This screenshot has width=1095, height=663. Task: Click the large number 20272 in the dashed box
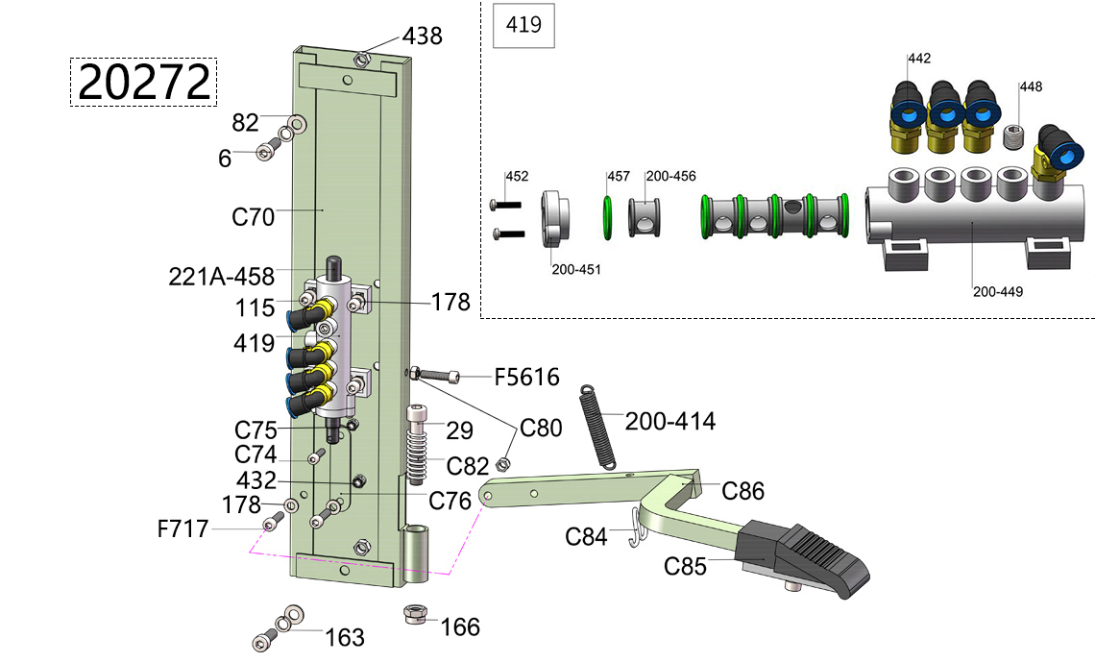144,83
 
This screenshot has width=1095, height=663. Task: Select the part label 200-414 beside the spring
669,421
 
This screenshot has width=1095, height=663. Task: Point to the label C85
685,566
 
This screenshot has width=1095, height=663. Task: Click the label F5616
526,377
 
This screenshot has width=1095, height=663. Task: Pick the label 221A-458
222,278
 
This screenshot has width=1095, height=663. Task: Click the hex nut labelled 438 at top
361,59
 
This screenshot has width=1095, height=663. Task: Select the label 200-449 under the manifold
998,291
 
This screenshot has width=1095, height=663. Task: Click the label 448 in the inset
1031,86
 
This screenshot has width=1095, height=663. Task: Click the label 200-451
576,269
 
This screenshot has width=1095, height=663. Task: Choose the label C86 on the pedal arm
743,492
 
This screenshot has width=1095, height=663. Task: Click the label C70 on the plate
254,216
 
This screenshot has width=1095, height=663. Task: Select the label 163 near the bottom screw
345,637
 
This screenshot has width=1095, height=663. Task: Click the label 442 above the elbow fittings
919,59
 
